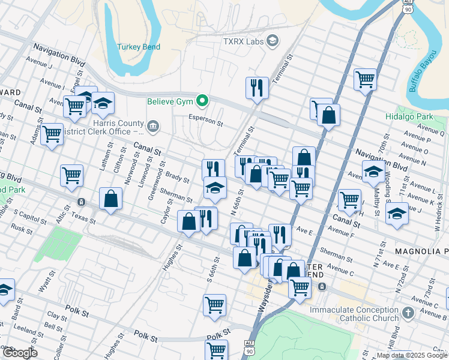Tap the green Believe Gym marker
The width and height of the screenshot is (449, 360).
(x=203, y=101)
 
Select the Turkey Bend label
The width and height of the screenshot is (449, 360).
(x=137, y=47)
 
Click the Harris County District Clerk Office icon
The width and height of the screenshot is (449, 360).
(x=153, y=126)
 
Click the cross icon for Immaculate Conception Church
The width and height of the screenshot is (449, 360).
(x=408, y=313)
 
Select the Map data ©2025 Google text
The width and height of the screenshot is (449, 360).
(x=411, y=355)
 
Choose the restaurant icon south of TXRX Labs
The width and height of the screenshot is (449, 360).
(x=257, y=88)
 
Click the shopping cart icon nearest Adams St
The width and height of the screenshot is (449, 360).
(x=52, y=134)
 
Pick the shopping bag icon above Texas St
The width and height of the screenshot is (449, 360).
(x=110, y=199)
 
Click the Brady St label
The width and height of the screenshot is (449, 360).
(x=177, y=178)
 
